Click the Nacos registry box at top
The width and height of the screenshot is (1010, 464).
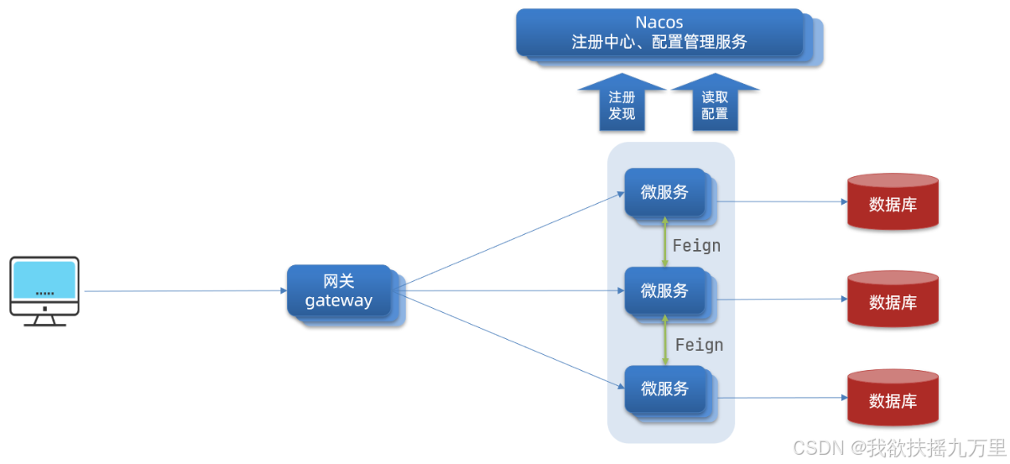click(x=659, y=33)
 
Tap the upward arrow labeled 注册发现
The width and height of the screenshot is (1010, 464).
click(x=622, y=104)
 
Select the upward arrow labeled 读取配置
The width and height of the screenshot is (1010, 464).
click(x=715, y=104)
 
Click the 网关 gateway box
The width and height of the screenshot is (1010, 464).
click(x=339, y=291)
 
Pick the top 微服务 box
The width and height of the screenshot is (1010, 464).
click(x=664, y=192)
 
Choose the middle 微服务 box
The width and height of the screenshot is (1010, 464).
click(x=664, y=290)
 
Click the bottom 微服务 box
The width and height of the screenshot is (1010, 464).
click(x=664, y=388)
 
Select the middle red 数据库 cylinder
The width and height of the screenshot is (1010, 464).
click(x=893, y=300)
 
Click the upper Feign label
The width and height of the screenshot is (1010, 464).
click(x=696, y=246)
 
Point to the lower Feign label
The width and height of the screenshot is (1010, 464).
click(x=699, y=345)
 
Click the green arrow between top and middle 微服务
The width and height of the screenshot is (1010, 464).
click(x=665, y=242)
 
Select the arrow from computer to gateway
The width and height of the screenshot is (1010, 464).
click(x=185, y=291)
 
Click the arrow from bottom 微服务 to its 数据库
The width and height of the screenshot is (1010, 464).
click(x=780, y=398)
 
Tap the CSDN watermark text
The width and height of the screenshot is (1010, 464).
click(x=898, y=447)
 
